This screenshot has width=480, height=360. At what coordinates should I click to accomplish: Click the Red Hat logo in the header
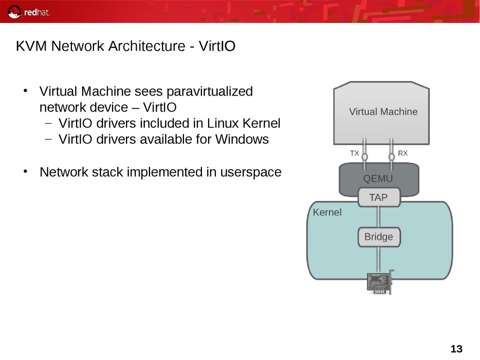pos(29,12)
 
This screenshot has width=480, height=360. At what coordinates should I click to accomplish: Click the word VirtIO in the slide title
pos(217,46)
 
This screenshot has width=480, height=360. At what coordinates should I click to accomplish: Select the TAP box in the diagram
pos(378,197)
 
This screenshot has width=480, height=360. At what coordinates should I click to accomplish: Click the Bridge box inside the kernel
pos(378,237)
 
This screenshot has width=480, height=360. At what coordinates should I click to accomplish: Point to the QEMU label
pos(378,178)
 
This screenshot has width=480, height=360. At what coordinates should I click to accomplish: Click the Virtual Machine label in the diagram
pos(383,112)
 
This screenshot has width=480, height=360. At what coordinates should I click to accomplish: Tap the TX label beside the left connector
pos(354,153)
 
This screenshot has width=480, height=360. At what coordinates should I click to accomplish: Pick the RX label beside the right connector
pos(403,153)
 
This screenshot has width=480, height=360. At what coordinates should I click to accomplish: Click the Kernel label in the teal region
pos(327,212)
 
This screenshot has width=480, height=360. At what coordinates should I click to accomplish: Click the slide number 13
pos(456,349)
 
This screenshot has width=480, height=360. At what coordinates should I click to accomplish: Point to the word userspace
pos(251,172)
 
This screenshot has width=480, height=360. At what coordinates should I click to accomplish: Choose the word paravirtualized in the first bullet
pos(209,92)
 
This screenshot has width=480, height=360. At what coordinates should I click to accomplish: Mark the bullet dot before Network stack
pos(25,172)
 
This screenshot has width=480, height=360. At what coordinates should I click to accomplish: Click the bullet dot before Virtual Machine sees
pos(25,91)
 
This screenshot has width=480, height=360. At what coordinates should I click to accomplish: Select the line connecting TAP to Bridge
pos(378,217)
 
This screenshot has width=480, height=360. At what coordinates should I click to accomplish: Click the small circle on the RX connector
pos(392,157)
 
